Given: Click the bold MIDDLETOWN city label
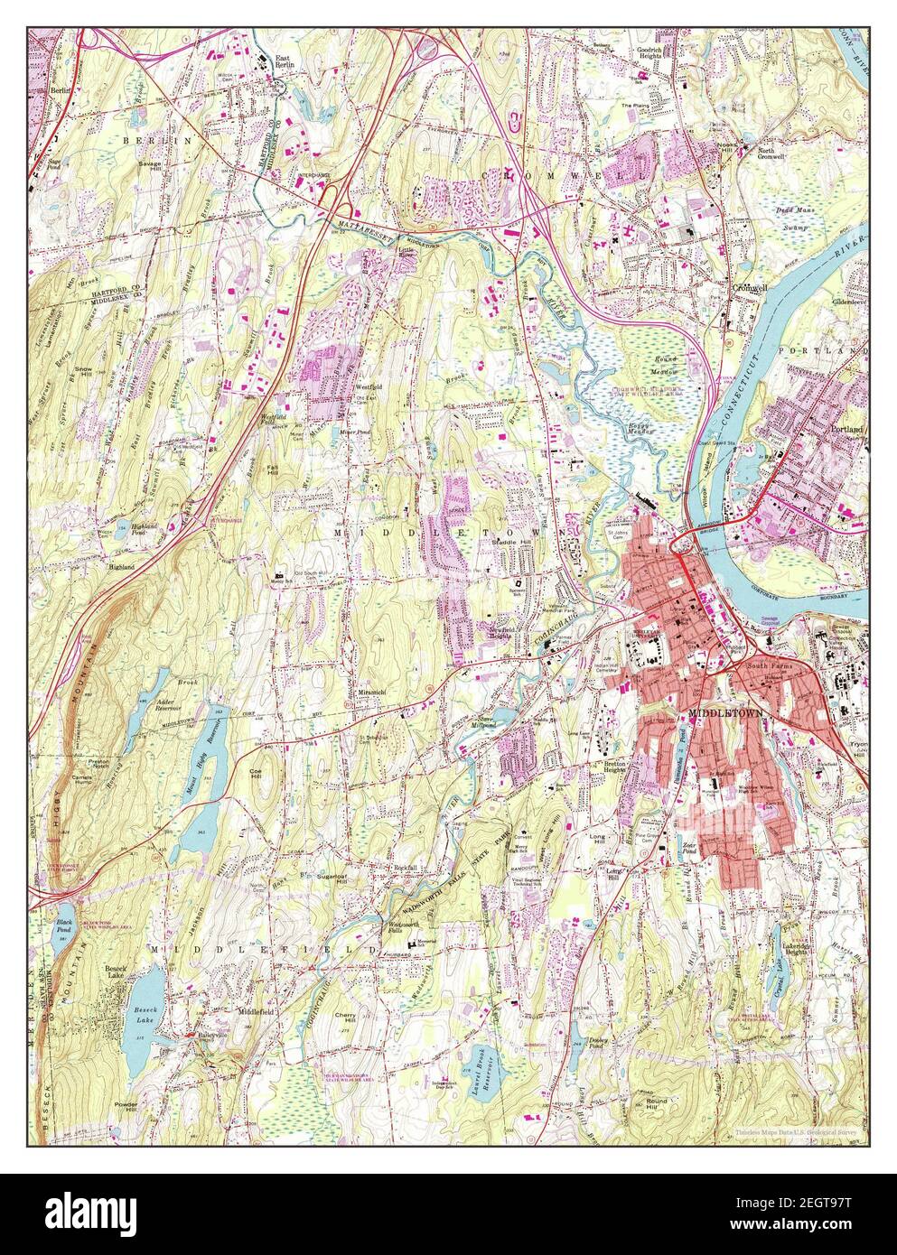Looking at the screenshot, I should tap(725, 712).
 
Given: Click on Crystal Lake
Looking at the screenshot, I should tap(778, 979).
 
